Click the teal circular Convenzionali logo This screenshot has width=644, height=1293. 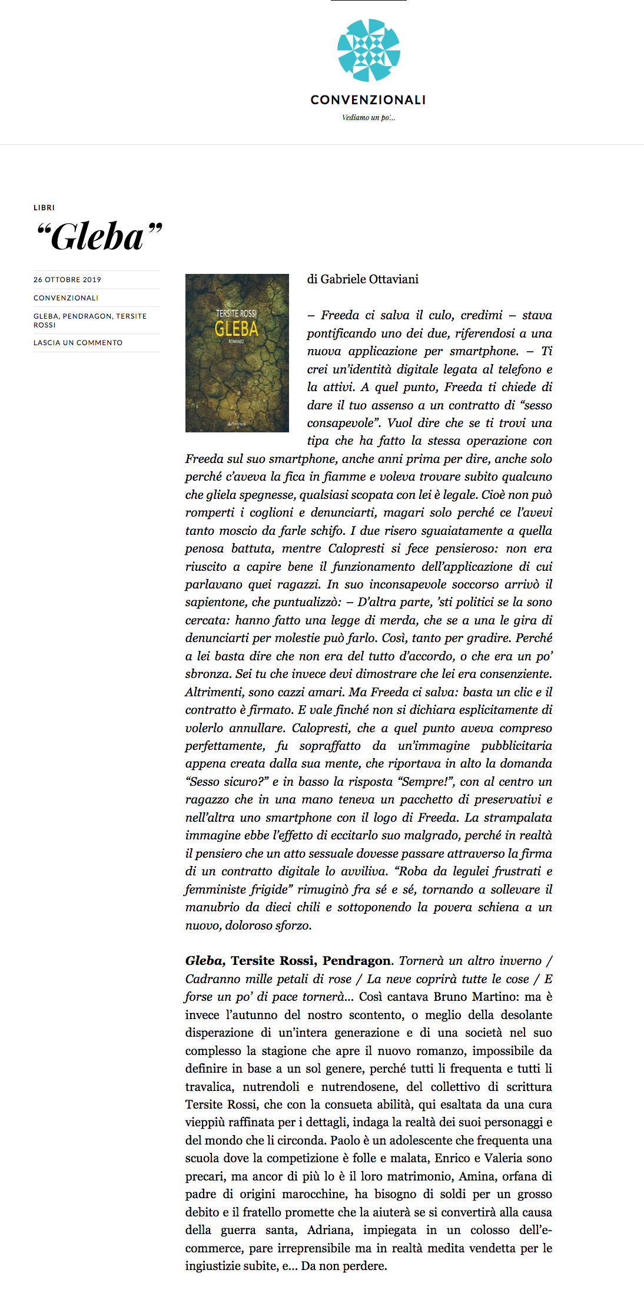pos(369,50)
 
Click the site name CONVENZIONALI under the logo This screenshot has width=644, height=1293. pos(368,100)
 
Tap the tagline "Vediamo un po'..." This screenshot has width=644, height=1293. pos(369,118)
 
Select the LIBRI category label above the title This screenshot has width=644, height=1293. pos(44,208)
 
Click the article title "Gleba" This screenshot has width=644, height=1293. pos(98,237)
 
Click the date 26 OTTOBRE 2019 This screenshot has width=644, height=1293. pos(67,280)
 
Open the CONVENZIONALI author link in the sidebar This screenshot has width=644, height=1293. pos(66,298)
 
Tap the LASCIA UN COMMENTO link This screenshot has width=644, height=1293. pos(78,343)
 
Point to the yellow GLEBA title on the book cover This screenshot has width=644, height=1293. pos(236,329)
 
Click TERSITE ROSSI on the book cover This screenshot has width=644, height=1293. pos(236,313)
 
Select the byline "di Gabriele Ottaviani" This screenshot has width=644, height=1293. pos(363,279)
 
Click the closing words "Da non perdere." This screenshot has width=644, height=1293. pos(344,1266)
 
